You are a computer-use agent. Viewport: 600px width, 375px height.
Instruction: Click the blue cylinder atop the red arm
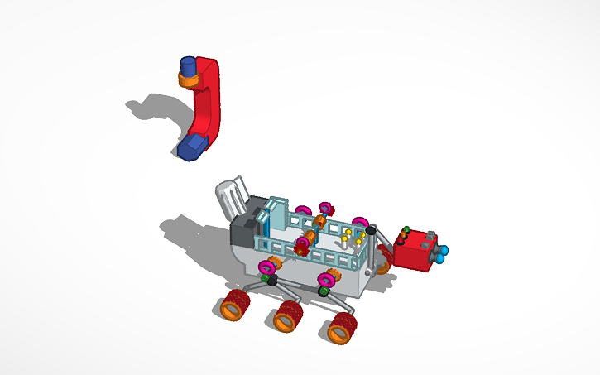click(188, 65)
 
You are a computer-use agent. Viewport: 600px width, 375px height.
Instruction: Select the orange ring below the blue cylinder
click(188, 80)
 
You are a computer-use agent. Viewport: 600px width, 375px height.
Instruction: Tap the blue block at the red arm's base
click(191, 147)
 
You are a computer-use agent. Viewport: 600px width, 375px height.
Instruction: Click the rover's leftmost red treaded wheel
click(234, 306)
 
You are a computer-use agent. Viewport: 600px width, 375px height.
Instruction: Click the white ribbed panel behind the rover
click(231, 196)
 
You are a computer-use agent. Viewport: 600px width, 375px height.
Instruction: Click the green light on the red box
click(406, 229)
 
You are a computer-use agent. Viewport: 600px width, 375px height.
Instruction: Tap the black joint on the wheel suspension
click(271, 281)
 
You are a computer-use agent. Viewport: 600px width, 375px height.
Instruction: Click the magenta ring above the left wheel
click(266, 267)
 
